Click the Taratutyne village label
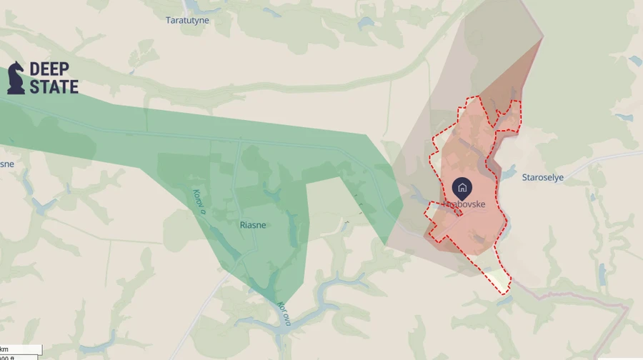click(187, 20)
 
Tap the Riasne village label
click(252, 225)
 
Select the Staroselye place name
click(543, 178)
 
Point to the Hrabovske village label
click(464, 204)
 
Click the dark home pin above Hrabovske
click(462, 188)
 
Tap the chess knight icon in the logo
click(16, 77)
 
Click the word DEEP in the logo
click(49, 69)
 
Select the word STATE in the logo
click(54, 86)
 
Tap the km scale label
click(5, 349)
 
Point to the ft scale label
click(7, 357)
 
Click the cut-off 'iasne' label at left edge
click(6, 164)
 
